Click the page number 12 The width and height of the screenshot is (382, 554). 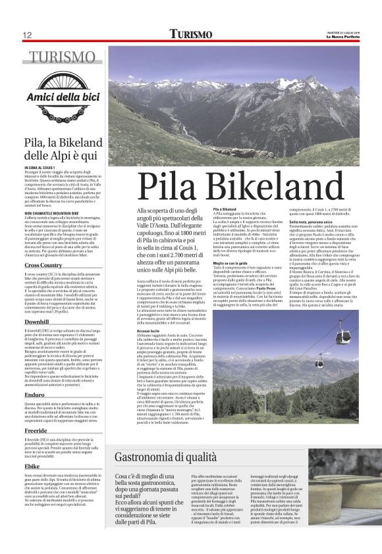pos(27,35)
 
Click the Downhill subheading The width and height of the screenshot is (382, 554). pos(36,322)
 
